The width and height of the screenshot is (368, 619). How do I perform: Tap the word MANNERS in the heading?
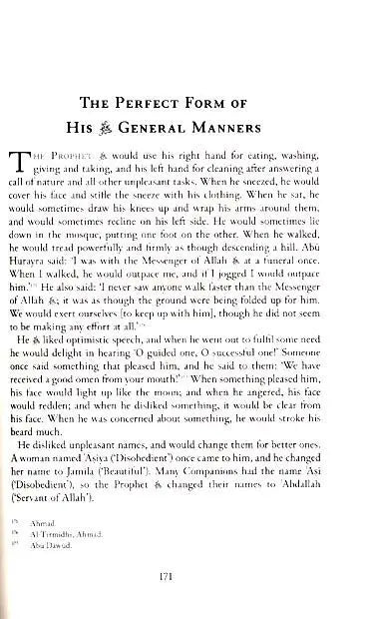(x=258, y=125)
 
